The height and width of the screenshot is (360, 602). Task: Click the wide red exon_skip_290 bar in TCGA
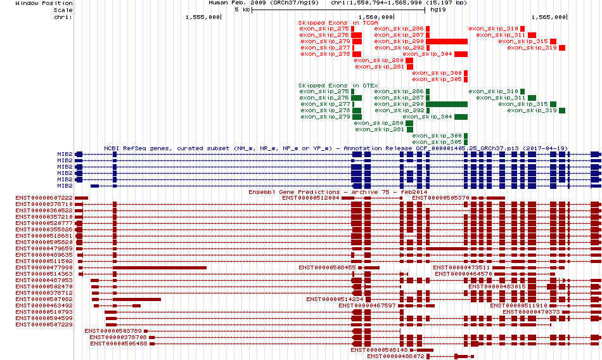tap(447, 41)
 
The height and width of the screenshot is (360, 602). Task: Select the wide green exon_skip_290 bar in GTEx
tap(447, 104)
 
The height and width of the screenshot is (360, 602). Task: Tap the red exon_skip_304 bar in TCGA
tap(461, 54)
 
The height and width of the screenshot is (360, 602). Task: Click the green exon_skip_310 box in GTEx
tap(523, 91)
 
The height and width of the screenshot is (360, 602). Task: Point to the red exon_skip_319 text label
tap(532, 48)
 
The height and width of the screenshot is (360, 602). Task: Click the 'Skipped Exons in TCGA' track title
tap(338, 23)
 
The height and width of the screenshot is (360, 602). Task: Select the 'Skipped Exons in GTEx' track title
tap(338, 86)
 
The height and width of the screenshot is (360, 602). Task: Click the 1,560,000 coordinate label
tap(376, 17)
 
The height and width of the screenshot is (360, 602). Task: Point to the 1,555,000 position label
tap(203, 17)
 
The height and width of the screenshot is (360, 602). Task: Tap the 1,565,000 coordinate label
tap(549, 17)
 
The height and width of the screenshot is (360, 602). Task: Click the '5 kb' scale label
tap(242, 10)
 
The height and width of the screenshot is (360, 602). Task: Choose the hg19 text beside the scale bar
tap(438, 10)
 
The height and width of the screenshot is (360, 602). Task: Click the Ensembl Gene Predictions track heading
tap(338, 191)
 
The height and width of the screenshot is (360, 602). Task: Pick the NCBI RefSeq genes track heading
tap(336, 148)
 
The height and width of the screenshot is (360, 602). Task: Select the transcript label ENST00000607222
tap(44, 198)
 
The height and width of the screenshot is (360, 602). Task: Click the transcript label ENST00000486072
tap(395, 357)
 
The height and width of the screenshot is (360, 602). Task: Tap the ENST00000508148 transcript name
tap(379, 350)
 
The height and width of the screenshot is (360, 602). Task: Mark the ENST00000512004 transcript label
tap(311, 198)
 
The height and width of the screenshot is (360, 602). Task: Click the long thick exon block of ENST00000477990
tap(160, 268)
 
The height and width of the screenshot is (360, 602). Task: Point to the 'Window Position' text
tap(44, 3)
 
